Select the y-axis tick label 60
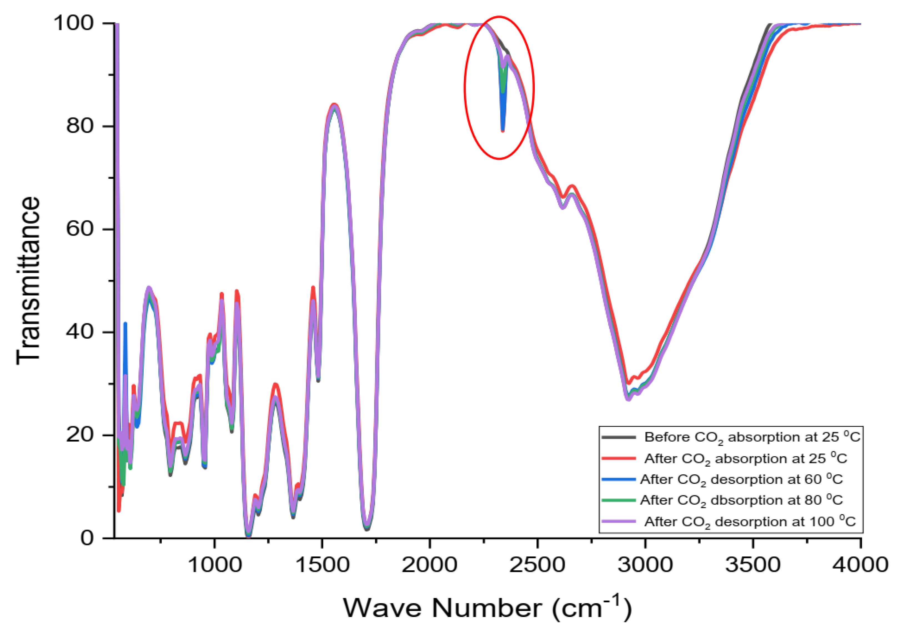point(80,229)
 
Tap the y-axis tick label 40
point(80,332)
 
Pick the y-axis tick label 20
point(80,435)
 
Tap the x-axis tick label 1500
point(322,565)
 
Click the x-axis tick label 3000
point(645,565)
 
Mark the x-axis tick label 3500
point(753,565)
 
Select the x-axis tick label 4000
point(860,565)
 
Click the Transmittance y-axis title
point(28,280)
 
